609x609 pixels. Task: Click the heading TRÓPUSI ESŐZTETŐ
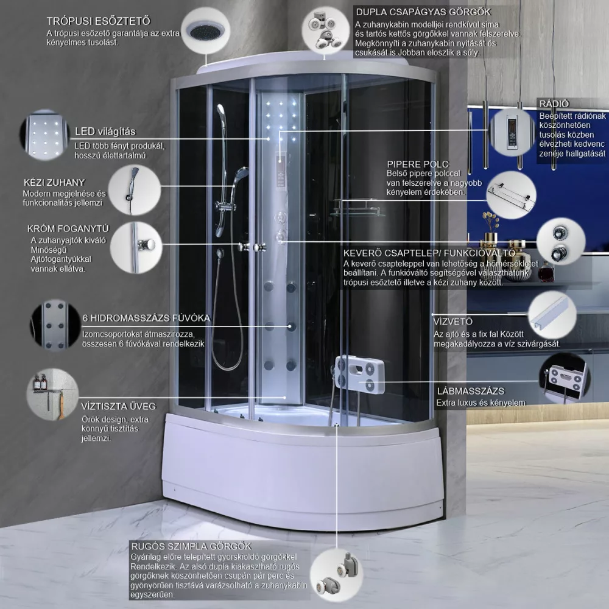click(x=98, y=21)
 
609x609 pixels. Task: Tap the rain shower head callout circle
click(x=206, y=31)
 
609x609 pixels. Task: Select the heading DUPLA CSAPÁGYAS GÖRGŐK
click(x=423, y=12)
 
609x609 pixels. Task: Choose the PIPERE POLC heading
click(x=418, y=164)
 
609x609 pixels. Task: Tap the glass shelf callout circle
click(x=511, y=195)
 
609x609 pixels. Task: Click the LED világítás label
click(x=105, y=132)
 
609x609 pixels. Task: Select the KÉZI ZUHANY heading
click(x=54, y=183)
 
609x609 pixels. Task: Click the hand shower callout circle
click(x=135, y=190)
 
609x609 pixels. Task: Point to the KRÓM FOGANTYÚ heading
click(x=68, y=229)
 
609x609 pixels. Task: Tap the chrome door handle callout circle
click(x=136, y=247)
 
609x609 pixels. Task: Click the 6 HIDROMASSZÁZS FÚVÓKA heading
click(x=146, y=318)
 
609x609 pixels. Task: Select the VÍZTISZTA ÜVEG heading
click(x=119, y=406)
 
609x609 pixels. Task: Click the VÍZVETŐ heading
click(x=453, y=322)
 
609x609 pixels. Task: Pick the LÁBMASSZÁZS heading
click(x=471, y=391)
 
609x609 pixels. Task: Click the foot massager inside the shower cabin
click(x=360, y=375)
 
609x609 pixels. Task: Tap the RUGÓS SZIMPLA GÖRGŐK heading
click(x=191, y=546)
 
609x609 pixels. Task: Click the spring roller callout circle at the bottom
click(x=336, y=575)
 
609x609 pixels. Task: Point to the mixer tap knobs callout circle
click(x=561, y=242)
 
